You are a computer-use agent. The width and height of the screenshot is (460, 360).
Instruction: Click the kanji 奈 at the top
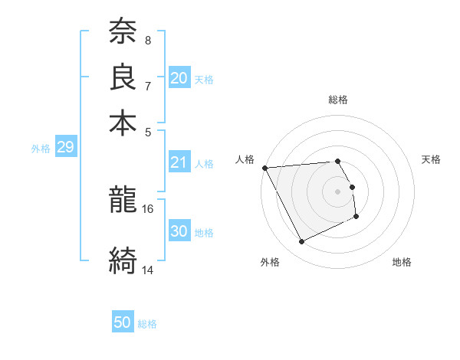123,31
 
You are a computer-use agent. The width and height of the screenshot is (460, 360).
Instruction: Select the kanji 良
123,77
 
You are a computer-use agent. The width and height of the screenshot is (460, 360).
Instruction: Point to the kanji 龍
123,200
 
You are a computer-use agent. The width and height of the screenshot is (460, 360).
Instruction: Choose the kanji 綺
123,260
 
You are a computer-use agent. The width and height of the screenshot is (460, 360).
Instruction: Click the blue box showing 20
179,77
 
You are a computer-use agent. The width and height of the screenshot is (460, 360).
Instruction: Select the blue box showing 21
179,162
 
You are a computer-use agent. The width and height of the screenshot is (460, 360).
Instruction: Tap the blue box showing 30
179,231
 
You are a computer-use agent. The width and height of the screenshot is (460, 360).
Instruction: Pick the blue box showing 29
65,147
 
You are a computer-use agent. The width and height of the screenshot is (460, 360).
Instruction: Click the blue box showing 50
123,322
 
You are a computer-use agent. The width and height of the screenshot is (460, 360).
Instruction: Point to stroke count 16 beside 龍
148,208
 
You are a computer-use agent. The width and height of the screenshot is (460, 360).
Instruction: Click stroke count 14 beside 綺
148,270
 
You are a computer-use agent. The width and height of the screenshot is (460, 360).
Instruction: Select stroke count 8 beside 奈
148,40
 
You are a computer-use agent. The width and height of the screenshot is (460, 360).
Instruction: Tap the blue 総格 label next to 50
147,324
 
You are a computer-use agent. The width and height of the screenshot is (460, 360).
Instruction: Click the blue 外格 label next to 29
41,149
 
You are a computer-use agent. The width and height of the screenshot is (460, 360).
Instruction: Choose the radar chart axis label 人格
245,159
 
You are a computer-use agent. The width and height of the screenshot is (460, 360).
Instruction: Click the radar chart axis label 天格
431,159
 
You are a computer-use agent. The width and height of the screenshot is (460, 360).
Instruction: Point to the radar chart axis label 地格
402,263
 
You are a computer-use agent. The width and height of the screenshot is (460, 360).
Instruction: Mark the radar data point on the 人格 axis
265,168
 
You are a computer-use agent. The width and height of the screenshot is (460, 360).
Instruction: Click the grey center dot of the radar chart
338,191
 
